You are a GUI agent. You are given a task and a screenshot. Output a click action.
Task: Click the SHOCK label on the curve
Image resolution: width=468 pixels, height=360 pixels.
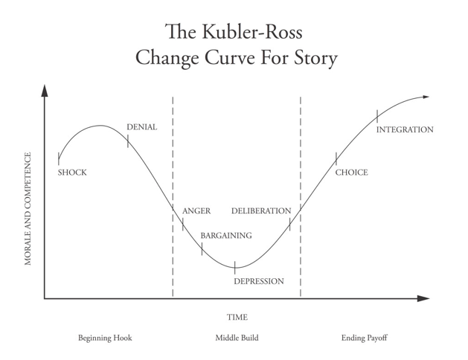(x=72, y=173)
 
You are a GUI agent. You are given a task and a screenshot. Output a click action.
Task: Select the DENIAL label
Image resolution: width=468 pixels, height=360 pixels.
(x=141, y=127)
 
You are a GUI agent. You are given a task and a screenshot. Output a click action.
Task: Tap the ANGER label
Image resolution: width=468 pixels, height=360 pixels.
(x=196, y=211)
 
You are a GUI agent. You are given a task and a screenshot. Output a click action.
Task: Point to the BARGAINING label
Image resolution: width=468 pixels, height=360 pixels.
(x=225, y=236)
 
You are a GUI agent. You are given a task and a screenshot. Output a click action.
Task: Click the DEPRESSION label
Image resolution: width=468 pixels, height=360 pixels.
(x=258, y=281)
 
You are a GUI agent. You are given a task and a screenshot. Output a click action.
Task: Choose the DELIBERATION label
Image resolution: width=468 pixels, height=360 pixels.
(x=261, y=211)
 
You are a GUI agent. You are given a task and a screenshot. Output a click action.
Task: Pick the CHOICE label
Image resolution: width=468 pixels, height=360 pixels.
(x=351, y=173)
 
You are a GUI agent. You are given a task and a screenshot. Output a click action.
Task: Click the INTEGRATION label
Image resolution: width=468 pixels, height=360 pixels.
(x=404, y=129)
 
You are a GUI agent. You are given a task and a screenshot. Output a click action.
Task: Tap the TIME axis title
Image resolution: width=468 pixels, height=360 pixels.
(x=237, y=317)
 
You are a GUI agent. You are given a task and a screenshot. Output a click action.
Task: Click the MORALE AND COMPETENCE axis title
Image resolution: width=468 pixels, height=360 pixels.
(x=28, y=209)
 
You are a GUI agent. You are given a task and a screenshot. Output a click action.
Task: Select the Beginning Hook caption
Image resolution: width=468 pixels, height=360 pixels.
(x=105, y=338)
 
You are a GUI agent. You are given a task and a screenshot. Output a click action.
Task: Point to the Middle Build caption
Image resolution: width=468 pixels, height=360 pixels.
(x=237, y=338)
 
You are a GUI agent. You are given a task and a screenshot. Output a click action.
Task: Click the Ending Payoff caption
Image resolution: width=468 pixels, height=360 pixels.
(x=364, y=338)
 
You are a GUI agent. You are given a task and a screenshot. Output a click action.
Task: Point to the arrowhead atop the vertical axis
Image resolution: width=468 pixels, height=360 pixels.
(x=45, y=91)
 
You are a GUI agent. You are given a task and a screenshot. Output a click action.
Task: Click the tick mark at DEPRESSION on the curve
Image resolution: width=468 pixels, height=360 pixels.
(x=235, y=266)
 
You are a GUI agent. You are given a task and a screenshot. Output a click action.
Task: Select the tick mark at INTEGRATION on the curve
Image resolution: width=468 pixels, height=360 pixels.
(x=377, y=116)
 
